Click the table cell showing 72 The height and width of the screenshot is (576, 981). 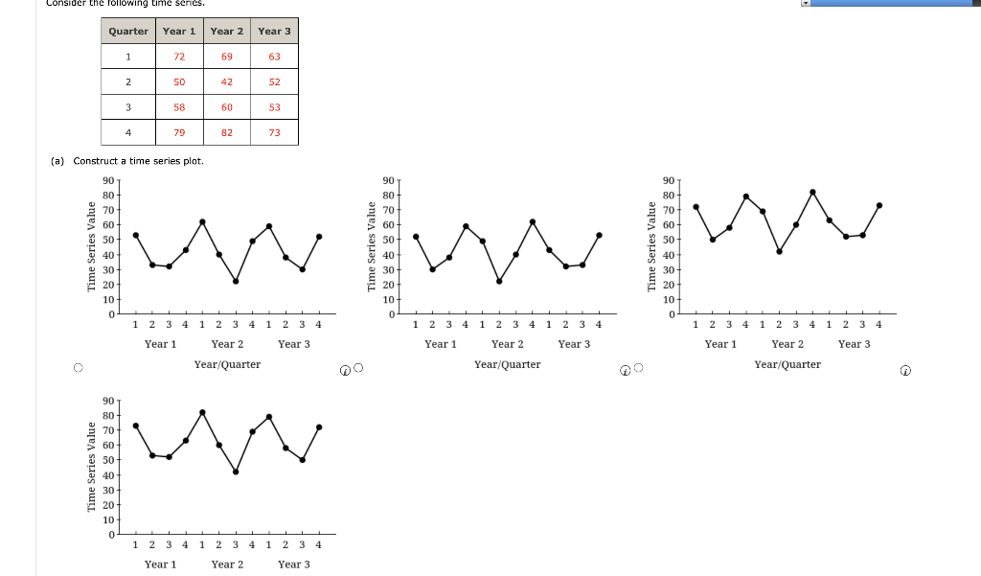click(179, 57)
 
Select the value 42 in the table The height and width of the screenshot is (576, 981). click(227, 82)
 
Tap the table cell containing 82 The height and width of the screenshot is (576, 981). click(227, 132)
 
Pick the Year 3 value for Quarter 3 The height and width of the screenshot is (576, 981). click(274, 107)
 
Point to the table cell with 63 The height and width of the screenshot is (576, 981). click(274, 57)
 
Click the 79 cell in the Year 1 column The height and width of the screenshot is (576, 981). click(179, 132)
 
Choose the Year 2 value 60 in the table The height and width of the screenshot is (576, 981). click(227, 107)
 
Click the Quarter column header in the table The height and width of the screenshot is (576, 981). click(128, 31)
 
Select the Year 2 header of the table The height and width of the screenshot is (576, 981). click(227, 31)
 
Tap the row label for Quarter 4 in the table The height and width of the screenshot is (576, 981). click(128, 132)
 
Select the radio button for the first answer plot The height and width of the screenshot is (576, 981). click(79, 367)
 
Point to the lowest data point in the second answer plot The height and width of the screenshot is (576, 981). click(499, 281)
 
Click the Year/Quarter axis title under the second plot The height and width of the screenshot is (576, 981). click(507, 364)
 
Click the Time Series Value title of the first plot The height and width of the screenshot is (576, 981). click(92, 247)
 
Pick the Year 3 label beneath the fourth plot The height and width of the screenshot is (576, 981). click(293, 564)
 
